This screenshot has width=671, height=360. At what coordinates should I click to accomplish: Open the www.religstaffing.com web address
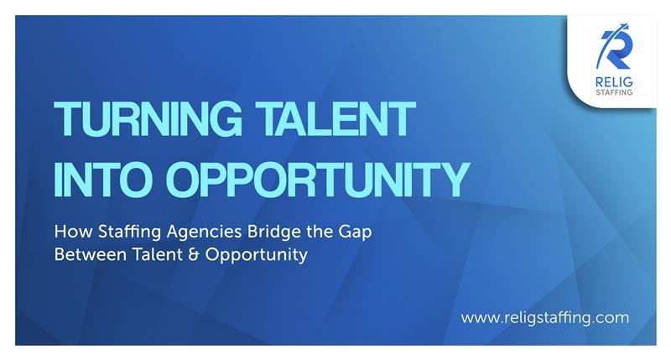coord(544,318)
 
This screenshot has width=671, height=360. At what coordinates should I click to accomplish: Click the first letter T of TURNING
coord(65,120)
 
